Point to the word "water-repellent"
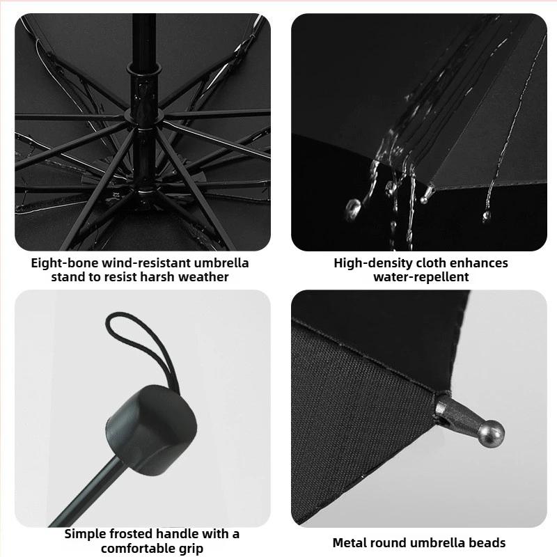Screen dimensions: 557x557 (x=421, y=277)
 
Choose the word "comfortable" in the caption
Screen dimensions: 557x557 (x=130, y=548)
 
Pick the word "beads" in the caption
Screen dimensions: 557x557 (x=487, y=542)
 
